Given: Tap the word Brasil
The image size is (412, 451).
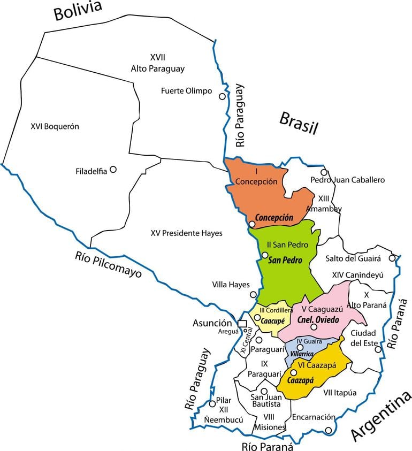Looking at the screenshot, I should [299, 123].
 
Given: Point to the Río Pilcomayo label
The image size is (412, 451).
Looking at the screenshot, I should [108, 264].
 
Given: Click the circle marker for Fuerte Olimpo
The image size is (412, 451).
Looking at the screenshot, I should [222, 96].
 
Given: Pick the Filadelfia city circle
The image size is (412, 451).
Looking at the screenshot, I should [113, 169].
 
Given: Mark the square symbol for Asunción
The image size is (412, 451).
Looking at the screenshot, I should [242, 323].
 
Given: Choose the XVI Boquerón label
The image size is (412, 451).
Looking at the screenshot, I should [55, 127].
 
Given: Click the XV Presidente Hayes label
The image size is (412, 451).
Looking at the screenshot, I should [186, 233].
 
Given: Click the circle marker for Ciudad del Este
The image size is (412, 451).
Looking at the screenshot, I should [378, 349].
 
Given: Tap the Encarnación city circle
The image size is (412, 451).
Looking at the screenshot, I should [329, 430].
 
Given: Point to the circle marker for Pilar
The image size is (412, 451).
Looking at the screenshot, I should [212, 403].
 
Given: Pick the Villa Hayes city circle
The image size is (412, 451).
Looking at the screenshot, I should [253, 294].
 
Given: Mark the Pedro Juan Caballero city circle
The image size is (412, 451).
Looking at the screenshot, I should [324, 172].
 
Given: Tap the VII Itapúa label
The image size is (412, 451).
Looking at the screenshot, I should [340, 393].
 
